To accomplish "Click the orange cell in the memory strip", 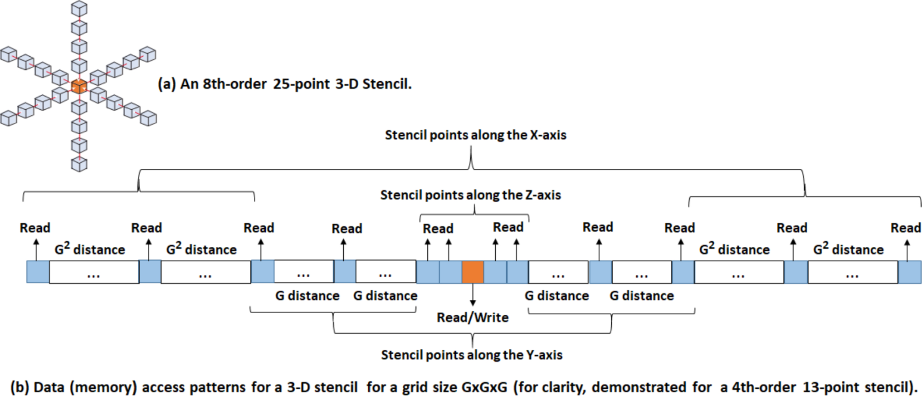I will [x=473, y=272].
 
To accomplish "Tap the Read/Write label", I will [x=473, y=318].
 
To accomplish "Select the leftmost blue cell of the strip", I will [x=38, y=272].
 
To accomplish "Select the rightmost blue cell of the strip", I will [x=910, y=272].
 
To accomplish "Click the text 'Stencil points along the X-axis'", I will [x=475, y=135].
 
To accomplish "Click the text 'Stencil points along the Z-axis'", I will [x=470, y=195].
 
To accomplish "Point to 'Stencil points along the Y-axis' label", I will [x=472, y=355].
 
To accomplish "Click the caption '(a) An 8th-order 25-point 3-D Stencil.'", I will [x=284, y=84].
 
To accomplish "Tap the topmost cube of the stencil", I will [x=79, y=9].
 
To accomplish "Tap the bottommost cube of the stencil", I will [x=79, y=164].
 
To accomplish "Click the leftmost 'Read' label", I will [x=35, y=228].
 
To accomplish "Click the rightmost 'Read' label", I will [x=905, y=228].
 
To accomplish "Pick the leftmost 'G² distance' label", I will [x=90, y=249].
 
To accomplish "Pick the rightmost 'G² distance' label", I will [x=848, y=249].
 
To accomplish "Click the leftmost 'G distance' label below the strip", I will [x=307, y=296].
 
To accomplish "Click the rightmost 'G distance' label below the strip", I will [x=641, y=296].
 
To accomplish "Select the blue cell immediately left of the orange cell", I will [x=450, y=272].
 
